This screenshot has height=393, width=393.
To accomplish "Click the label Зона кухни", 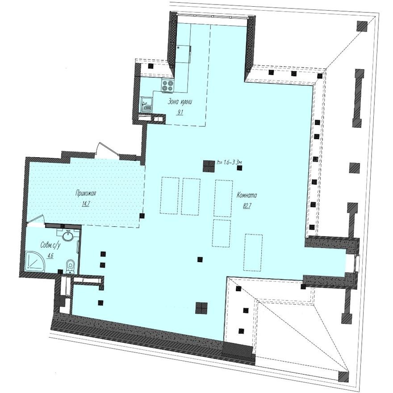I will coord(180,102).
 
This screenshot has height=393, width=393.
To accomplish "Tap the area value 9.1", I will coord(180,112).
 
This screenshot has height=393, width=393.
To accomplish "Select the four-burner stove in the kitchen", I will coord(168,85).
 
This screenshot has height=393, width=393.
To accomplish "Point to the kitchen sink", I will coord(146,105).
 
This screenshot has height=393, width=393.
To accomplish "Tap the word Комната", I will coord(247,195).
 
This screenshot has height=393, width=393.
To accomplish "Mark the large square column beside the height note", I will coord(208,166).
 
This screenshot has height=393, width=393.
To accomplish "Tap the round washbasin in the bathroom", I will coord(67,235).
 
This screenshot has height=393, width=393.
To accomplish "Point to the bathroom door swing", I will coord(38,219).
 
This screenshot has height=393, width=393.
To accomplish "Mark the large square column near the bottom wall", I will coord(201,308).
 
